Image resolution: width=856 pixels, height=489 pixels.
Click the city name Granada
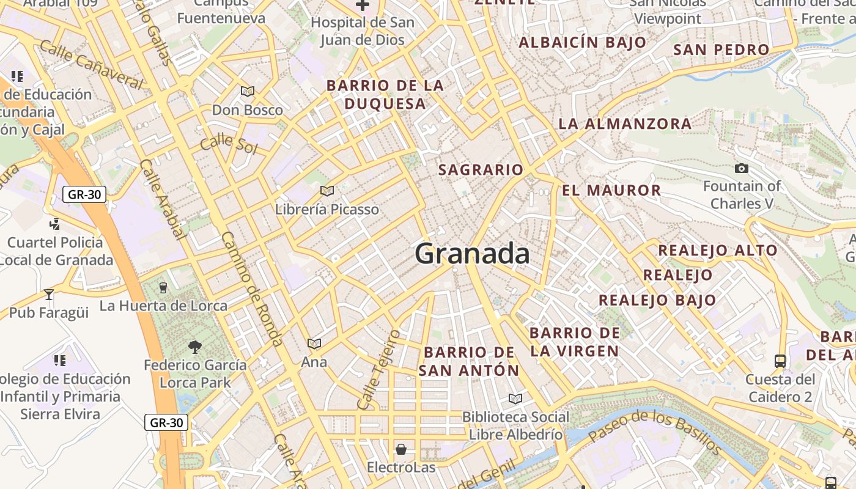[x=472, y=254]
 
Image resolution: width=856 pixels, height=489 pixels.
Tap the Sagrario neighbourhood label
[x=481, y=170]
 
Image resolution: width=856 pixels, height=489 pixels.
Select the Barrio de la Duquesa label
[x=385, y=94]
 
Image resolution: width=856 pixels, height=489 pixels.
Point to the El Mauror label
[x=611, y=190]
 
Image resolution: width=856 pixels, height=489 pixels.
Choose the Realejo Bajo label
[x=657, y=300]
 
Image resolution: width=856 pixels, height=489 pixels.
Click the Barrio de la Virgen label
[x=575, y=342]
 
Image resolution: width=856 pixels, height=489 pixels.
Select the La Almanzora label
[x=625, y=123]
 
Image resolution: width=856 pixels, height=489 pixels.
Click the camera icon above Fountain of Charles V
[x=742, y=168]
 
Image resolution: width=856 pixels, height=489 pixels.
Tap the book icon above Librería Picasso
[x=327, y=191]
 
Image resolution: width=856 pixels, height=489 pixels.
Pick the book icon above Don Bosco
[x=247, y=92]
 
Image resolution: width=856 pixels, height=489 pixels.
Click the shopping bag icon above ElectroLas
[x=401, y=450]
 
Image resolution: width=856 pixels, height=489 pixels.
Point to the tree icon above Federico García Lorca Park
[x=195, y=347]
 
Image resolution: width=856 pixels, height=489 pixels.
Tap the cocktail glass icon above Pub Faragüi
[x=49, y=294]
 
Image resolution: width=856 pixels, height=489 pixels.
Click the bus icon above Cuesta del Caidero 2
[x=780, y=361]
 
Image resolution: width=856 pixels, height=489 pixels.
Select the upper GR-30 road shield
[x=84, y=195]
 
